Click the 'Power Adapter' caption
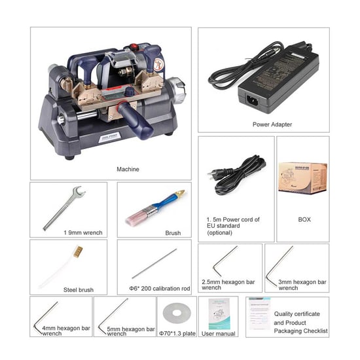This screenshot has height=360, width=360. [x=272, y=124]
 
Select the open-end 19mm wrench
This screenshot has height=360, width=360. [x=63, y=208]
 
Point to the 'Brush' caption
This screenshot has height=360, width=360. [x=173, y=232]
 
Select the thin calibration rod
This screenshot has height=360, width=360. [x=154, y=263]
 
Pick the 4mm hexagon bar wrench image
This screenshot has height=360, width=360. [x=46, y=315]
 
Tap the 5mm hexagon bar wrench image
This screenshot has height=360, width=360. [x=112, y=315]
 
